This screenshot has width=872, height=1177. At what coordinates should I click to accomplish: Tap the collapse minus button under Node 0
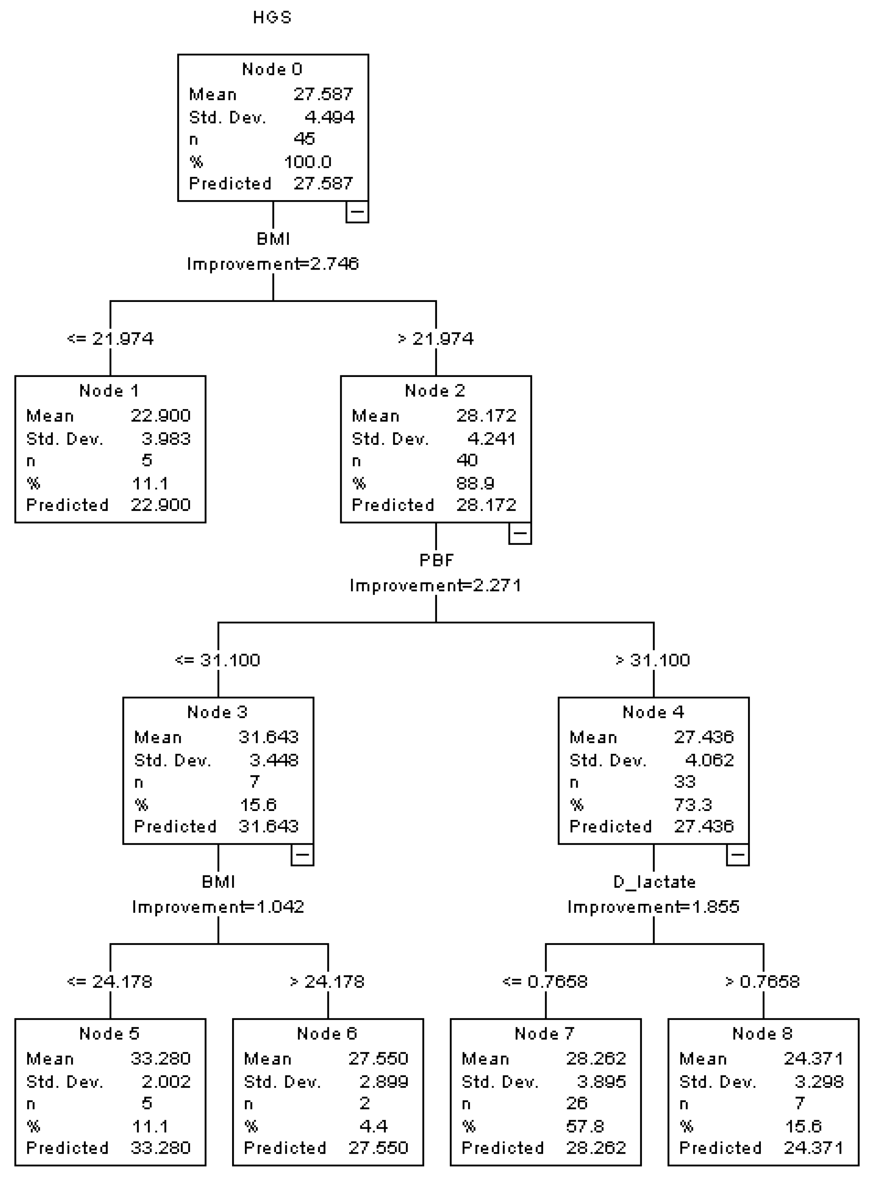tap(357, 211)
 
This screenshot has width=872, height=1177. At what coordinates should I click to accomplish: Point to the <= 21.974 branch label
tap(110, 338)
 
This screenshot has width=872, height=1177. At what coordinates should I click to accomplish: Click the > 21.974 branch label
tap(436, 338)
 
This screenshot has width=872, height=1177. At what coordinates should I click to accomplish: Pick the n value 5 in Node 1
tap(147, 460)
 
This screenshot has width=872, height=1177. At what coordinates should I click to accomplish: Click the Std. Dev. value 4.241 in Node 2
tap(491, 438)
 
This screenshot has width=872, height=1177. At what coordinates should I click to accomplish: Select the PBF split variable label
tap(437, 560)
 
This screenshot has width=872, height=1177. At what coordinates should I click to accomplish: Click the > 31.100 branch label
tap(653, 660)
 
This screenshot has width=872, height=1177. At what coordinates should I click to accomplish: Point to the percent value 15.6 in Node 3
tap(258, 804)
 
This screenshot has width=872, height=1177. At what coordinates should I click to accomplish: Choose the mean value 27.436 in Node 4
tap(704, 737)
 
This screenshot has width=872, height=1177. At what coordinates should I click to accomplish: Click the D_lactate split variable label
tap(654, 882)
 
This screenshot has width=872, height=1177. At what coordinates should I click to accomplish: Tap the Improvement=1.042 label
tap(218, 907)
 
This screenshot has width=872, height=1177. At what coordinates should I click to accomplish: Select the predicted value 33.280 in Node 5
tap(161, 1147)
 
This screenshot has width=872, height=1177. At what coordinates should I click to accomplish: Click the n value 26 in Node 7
tap(577, 1103)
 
